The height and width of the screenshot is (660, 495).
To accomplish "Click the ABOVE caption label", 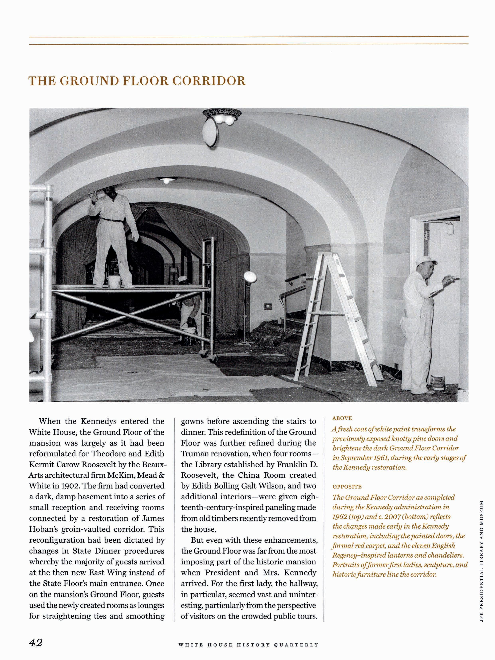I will pos(342,418).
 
